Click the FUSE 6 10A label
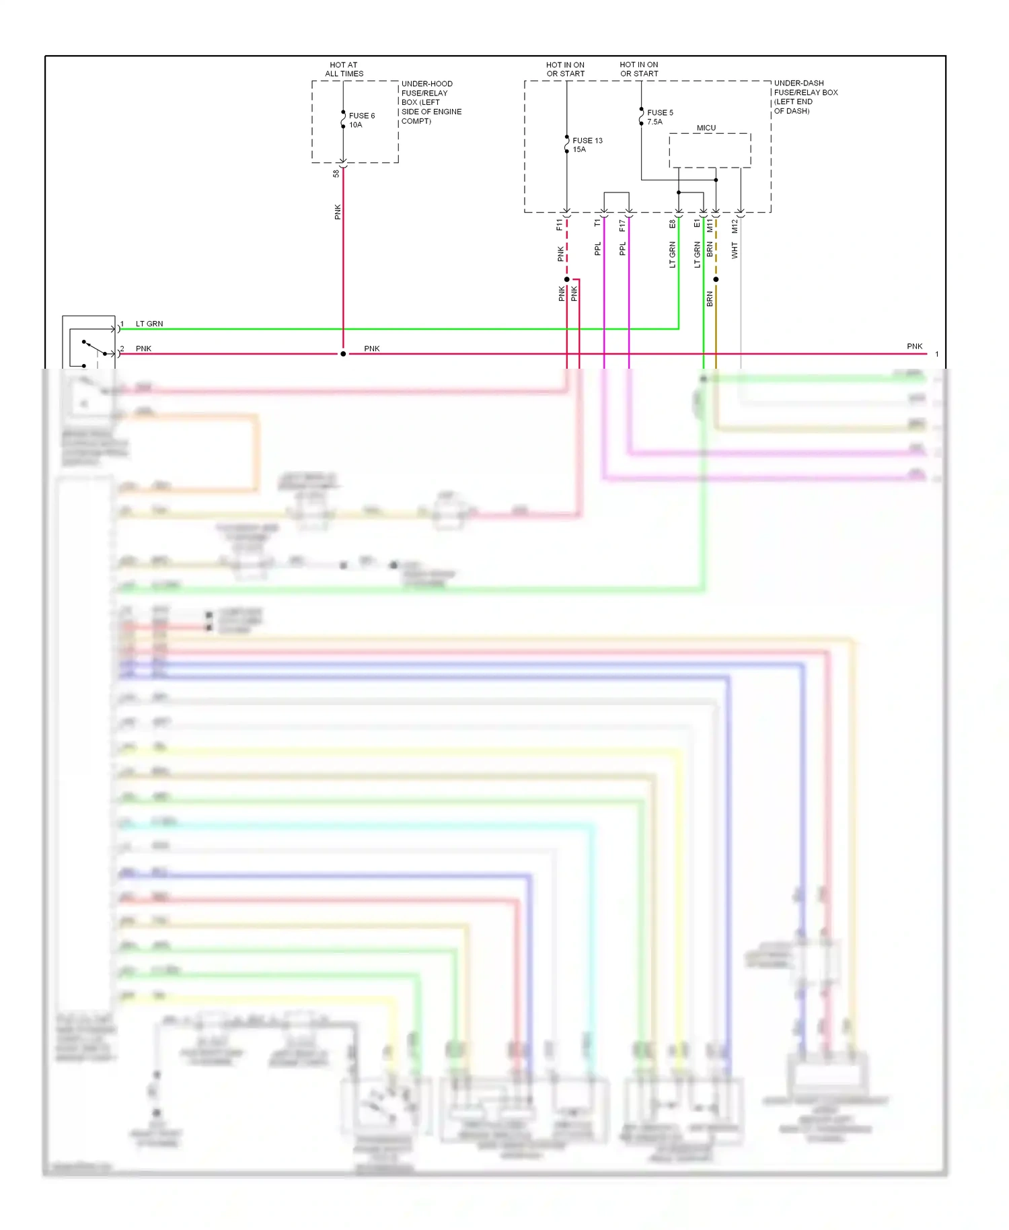click(361, 120)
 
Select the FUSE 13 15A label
click(587, 145)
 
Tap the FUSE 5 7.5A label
click(659, 117)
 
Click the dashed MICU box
click(710, 150)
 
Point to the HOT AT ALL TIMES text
click(344, 69)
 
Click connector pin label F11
click(559, 225)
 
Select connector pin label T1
click(597, 223)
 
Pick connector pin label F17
click(622, 225)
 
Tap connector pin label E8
click(672, 224)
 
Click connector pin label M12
click(735, 226)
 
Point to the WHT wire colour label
click(735, 251)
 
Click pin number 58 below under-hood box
click(336, 174)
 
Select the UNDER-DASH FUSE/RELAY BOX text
click(805, 97)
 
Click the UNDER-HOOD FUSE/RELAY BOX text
click(431, 102)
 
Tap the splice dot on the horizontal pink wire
click(343, 354)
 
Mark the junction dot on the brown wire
click(716, 279)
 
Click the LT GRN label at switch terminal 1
click(149, 324)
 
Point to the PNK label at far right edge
click(914, 347)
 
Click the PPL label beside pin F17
click(622, 249)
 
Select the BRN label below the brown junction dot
click(710, 299)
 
